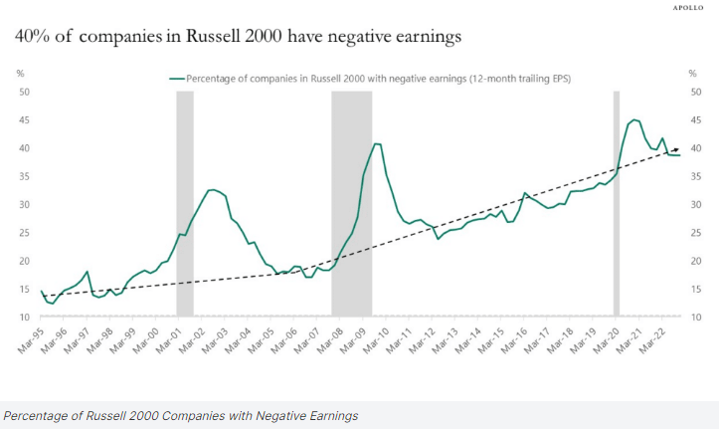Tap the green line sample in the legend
178,77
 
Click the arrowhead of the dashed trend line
675,147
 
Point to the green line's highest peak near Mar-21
633,119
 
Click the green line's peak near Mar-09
375,144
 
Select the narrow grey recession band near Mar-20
617,199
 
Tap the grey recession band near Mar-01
184,199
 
